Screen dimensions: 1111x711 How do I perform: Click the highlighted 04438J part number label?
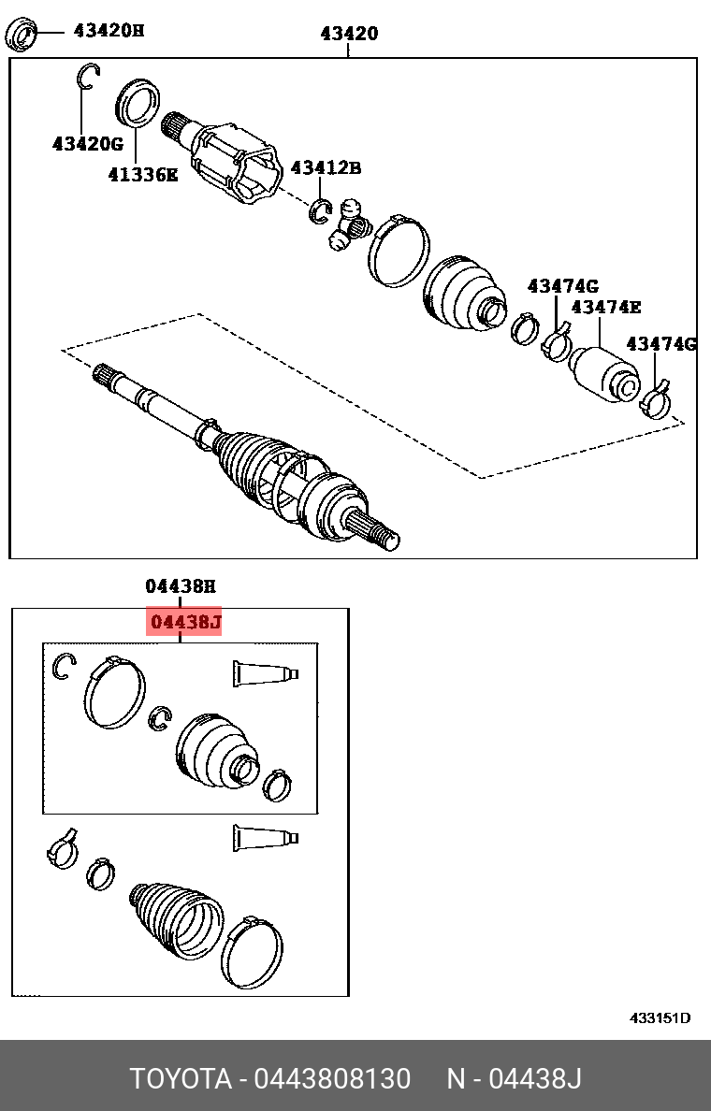click(x=185, y=622)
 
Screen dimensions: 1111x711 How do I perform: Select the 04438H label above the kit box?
click(x=180, y=586)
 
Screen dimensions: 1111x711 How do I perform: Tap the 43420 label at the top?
click(x=349, y=35)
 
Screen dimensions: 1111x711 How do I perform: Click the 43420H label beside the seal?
click(x=109, y=30)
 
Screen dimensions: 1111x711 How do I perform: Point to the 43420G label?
click(x=87, y=144)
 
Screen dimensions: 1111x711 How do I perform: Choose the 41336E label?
click(x=141, y=174)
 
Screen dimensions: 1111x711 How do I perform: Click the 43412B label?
click(x=325, y=168)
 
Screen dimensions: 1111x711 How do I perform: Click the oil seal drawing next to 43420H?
click(x=22, y=35)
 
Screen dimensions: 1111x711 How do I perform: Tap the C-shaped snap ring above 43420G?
click(x=87, y=77)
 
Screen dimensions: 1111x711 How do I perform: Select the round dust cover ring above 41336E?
click(x=138, y=102)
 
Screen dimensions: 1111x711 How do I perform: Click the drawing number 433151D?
click(x=659, y=1018)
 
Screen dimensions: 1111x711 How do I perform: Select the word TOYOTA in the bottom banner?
click(x=180, y=1078)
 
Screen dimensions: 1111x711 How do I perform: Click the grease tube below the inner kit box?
click(x=265, y=837)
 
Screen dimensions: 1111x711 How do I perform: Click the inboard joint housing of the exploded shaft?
click(x=233, y=159)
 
